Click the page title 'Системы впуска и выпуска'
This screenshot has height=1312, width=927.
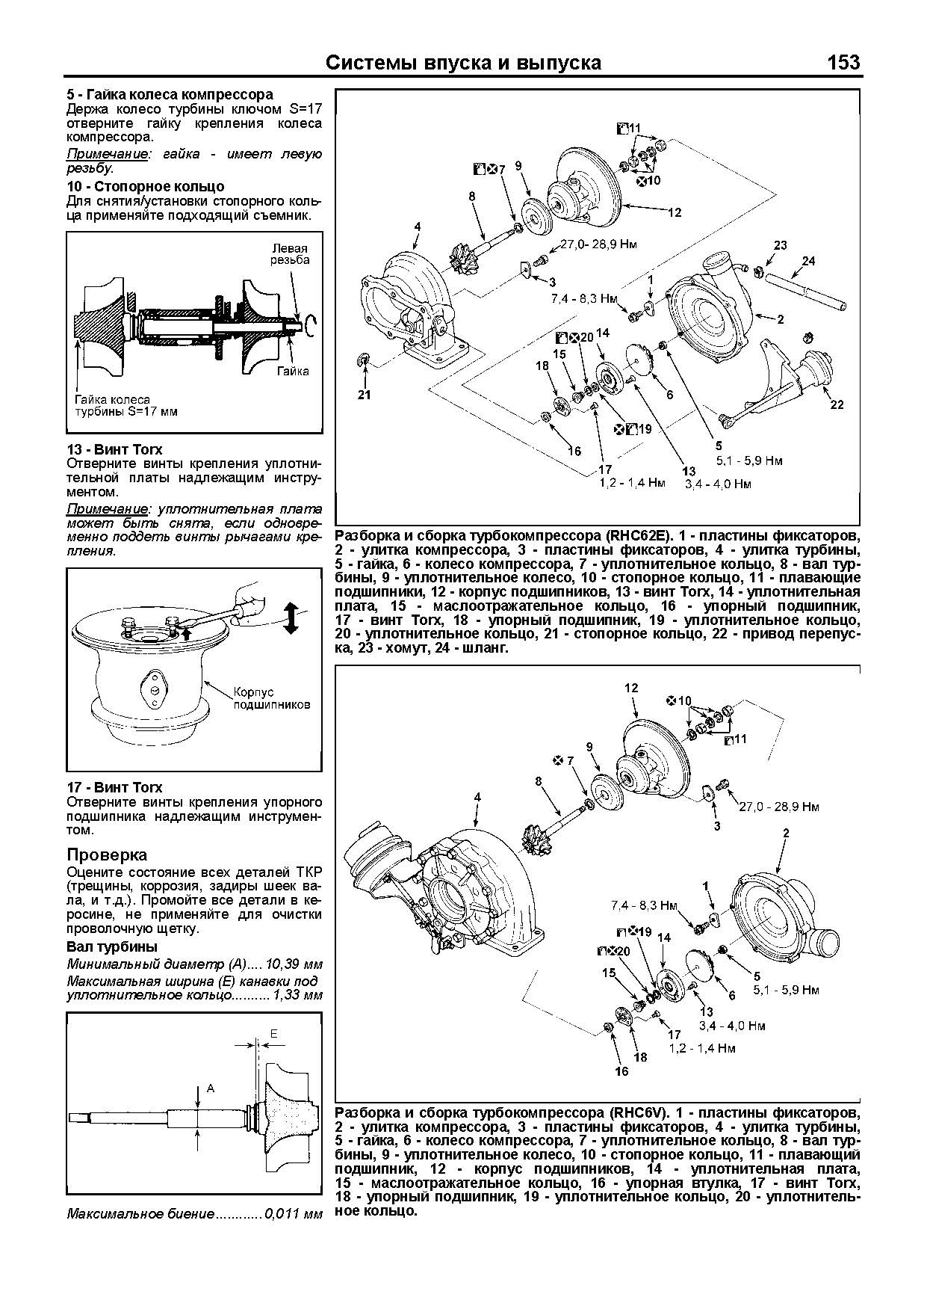pos(464,64)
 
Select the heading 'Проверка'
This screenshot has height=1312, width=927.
pos(107,854)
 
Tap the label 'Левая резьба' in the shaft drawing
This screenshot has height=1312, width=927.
pos(290,253)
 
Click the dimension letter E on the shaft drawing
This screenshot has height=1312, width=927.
pos(273,1033)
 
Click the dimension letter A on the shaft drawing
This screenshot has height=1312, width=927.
pos(211,1088)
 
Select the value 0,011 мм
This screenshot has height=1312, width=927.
pos(294,1213)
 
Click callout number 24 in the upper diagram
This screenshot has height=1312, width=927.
pos(807,261)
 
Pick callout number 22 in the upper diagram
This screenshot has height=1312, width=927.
pos(837,404)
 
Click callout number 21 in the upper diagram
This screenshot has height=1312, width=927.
pos(364,395)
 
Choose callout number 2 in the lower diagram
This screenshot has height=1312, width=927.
pos(786,831)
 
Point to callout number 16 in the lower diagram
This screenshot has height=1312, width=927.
pos(621,1071)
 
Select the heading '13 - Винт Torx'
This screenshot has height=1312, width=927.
pos(114,449)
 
